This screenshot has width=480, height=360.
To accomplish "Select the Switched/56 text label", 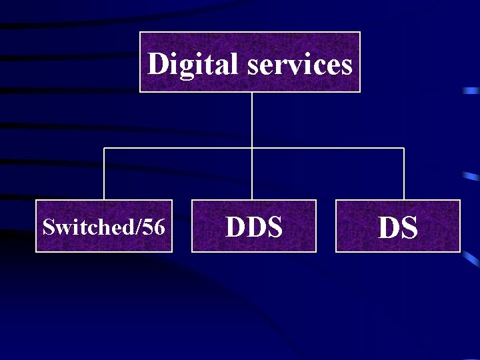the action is point(103,227).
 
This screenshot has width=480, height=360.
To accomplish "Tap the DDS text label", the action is point(254,227).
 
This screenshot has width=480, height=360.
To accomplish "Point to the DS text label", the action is point(398,228).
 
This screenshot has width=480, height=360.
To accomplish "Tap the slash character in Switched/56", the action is point(138,227).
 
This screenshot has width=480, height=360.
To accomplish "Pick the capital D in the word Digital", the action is point(158,65).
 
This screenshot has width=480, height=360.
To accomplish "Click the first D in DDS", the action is point(235,227).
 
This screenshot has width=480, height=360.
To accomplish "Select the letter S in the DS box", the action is point(409,228).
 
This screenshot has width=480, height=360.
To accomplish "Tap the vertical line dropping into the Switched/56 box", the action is point(104,175).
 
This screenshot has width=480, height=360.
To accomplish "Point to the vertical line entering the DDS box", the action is point(252,175).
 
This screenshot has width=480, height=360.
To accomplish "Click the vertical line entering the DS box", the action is point(404,175).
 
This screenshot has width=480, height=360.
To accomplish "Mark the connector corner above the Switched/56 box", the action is point(104,148).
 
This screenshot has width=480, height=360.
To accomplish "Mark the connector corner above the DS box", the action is point(404,148).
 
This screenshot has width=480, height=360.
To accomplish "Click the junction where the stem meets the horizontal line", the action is point(252,148).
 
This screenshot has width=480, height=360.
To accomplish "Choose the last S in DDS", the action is point(273,227).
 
